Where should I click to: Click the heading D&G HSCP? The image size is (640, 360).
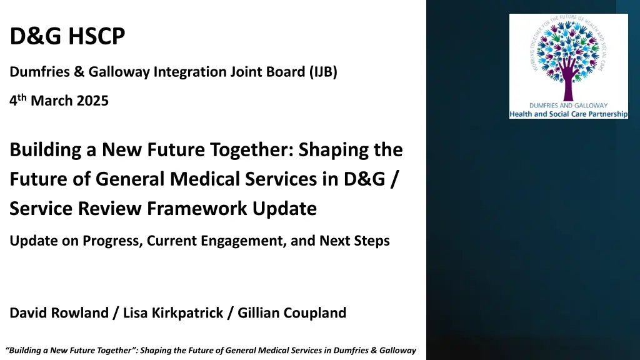click(x=67, y=36)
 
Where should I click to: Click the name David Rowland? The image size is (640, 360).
click(x=59, y=313)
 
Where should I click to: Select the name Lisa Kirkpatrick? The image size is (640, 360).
click(x=173, y=313)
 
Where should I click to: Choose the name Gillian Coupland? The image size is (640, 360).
click(x=292, y=313)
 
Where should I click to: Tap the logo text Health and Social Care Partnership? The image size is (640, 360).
click(x=569, y=114)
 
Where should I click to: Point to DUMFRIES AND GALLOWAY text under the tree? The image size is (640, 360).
click(x=569, y=105)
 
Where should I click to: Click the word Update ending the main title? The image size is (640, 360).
click(x=284, y=208)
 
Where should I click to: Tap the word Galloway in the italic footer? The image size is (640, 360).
click(x=397, y=351)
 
